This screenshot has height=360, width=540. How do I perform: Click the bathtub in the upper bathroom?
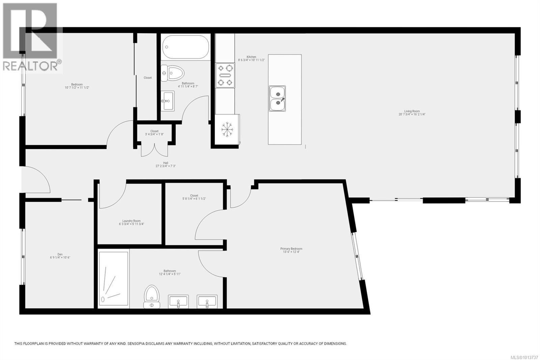pyautogui.click(x=185, y=48)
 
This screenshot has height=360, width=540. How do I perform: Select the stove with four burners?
pyautogui.click(x=225, y=75)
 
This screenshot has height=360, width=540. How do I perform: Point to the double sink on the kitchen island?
pyautogui.click(x=277, y=98)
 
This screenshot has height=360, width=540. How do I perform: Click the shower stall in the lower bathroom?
pyautogui.click(x=113, y=279)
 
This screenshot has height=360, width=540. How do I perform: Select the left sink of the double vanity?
pyautogui.click(x=178, y=301)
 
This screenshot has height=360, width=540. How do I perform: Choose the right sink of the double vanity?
pyautogui.click(x=207, y=301)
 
